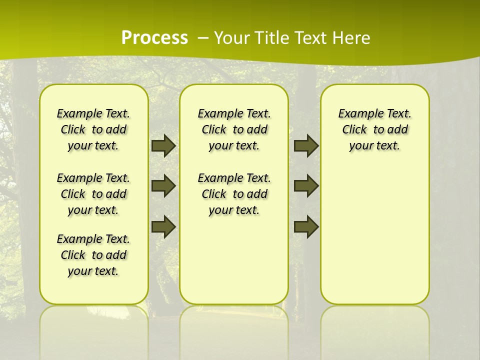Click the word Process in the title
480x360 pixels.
(x=154, y=38)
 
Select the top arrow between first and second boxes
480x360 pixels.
(x=163, y=145)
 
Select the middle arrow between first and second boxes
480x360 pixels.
(x=163, y=186)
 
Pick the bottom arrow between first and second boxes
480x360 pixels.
(x=163, y=226)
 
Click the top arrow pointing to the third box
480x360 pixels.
(x=306, y=145)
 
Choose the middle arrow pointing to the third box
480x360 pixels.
(x=306, y=186)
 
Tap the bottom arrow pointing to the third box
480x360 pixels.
(x=306, y=226)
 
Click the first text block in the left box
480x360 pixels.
(x=93, y=129)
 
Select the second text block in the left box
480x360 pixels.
(x=93, y=194)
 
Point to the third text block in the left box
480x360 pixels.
(x=93, y=255)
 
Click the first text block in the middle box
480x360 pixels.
(x=234, y=129)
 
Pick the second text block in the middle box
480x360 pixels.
(x=234, y=194)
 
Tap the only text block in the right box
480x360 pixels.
(x=375, y=129)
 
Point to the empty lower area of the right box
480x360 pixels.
(x=375, y=240)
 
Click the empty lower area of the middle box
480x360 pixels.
(x=234, y=260)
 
